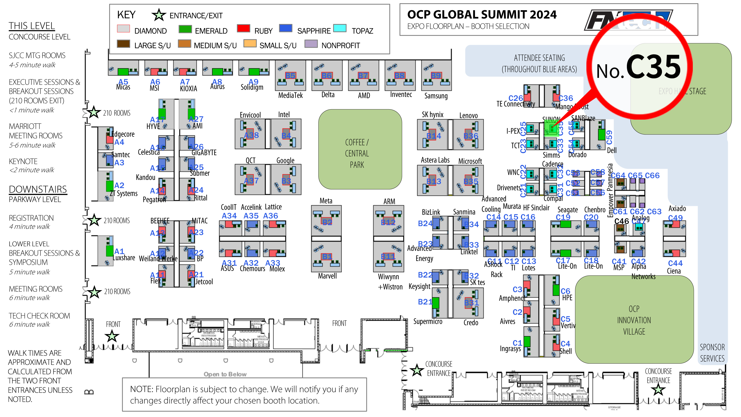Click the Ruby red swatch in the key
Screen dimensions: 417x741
tap(243, 28)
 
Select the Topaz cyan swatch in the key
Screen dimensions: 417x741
tap(340, 28)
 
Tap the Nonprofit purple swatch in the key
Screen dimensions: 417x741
tap(311, 44)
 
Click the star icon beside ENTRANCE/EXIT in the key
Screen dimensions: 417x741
tap(159, 15)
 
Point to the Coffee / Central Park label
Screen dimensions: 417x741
tap(357, 154)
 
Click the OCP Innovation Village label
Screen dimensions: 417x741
tap(634, 320)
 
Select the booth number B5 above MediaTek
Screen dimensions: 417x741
tap(290, 76)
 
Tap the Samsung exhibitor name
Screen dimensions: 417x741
tap(436, 96)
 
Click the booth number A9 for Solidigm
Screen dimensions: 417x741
tap(253, 82)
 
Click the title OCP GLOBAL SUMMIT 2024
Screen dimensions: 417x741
tap(482, 15)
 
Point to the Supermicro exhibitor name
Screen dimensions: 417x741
tap(428, 321)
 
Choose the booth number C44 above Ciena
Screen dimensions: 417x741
tap(675, 263)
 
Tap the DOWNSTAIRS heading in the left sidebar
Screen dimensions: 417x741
tap(38, 189)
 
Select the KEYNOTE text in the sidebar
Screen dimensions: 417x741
tap(23, 161)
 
